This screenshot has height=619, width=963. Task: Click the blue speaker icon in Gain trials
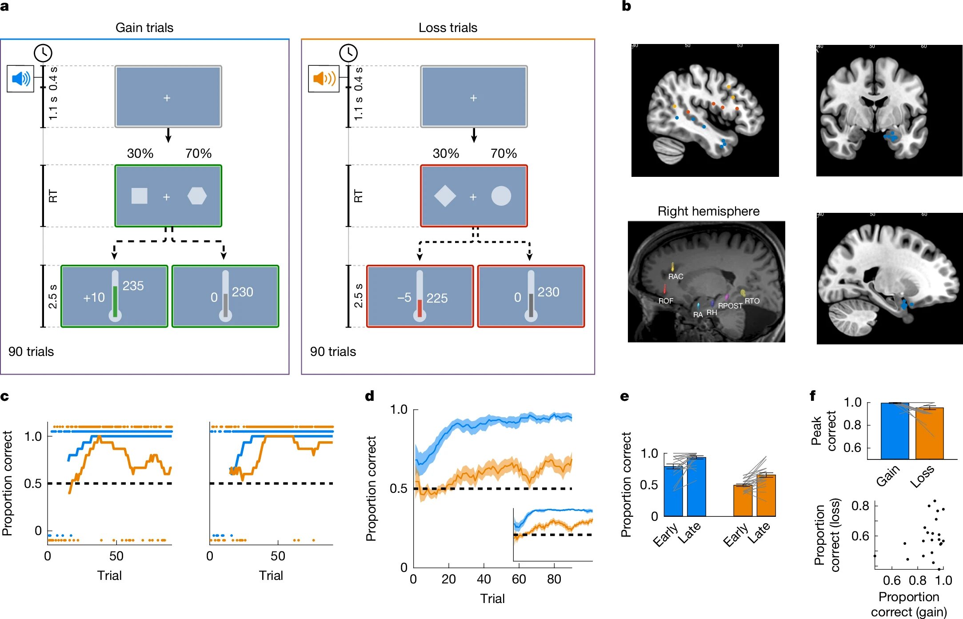tap(20, 79)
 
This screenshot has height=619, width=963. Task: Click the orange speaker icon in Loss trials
tap(324, 79)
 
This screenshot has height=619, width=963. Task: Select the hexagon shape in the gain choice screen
tap(197, 196)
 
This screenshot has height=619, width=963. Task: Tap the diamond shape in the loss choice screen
tap(445, 196)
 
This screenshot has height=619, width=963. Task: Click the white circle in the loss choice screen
tap(501, 196)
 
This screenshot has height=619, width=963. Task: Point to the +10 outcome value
tap(94, 297)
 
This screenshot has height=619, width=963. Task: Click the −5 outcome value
tap(404, 297)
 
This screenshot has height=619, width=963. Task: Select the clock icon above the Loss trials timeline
tap(348, 53)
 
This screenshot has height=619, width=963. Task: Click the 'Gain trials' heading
tap(144, 28)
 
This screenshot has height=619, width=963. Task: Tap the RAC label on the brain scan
tap(675, 276)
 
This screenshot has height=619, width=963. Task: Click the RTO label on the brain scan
tap(752, 301)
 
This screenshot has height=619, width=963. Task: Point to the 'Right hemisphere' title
tap(708, 211)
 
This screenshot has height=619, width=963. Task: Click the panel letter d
tap(369, 395)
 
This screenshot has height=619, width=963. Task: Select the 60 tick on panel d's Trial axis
tap(519, 579)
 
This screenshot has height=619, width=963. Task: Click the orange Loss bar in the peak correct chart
tap(929, 433)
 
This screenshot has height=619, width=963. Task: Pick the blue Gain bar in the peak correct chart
tap(895, 431)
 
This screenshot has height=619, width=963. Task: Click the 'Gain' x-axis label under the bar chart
tap(888, 475)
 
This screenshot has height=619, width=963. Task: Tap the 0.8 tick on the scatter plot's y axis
tap(860, 506)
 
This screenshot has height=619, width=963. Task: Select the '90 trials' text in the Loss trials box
tap(333, 351)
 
